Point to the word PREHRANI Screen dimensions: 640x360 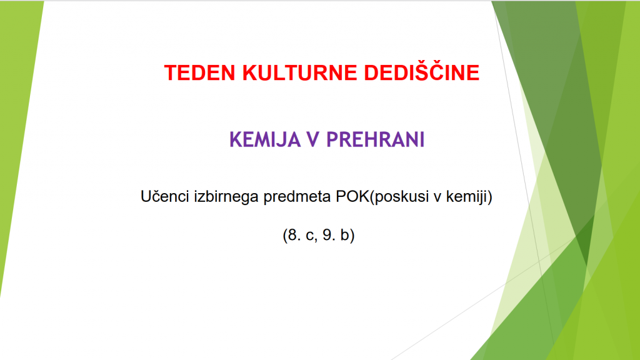[376, 139]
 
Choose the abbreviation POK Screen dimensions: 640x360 [352, 196]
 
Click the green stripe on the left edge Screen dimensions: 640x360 [18, 122]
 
